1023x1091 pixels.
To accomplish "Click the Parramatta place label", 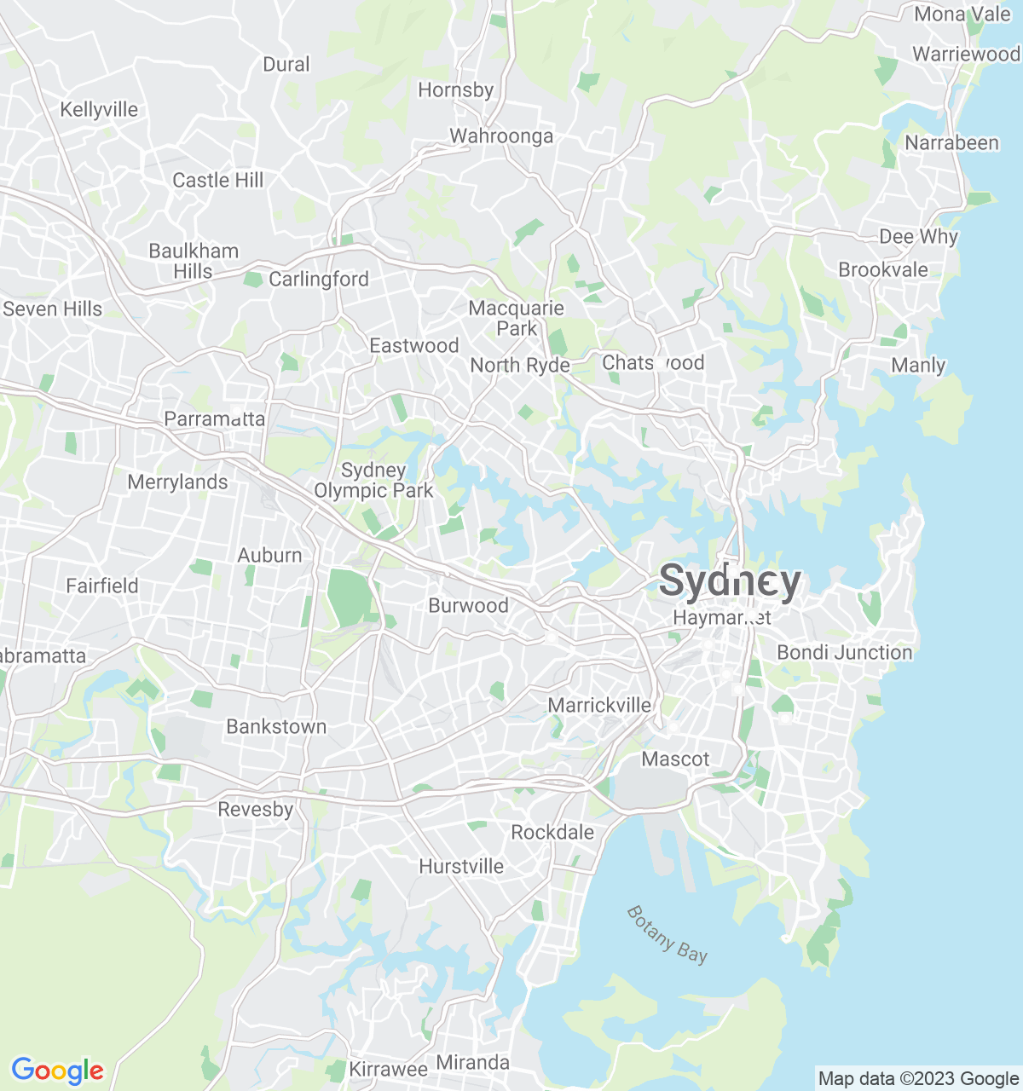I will point(214,419).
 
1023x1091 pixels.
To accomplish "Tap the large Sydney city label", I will point(731,582).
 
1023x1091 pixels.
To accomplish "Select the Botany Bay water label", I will point(668,934).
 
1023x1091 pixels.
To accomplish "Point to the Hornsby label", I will point(456,89).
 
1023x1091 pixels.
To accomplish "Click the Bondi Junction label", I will point(844,652).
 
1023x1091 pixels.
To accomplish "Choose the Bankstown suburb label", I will point(276,726).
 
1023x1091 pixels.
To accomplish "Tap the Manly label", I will point(918,365).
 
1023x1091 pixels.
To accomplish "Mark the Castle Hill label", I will point(218,180).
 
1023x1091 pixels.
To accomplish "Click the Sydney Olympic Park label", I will point(373,480).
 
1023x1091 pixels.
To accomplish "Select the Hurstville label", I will point(461,866).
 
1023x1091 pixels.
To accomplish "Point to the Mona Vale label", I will point(962,14).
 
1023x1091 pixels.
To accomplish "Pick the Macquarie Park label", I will point(517,318).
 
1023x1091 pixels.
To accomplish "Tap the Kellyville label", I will point(99,109).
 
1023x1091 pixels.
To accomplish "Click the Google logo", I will point(58,1071).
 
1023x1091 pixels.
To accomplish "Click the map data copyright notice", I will point(918,1078).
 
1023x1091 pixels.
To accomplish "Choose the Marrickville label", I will point(599,705).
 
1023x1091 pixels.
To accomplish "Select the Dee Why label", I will point(918,236).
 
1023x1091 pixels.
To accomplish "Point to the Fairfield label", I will point(102,586).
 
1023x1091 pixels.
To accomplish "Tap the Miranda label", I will point(473,1062).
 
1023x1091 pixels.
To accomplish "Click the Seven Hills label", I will point(53,309).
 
